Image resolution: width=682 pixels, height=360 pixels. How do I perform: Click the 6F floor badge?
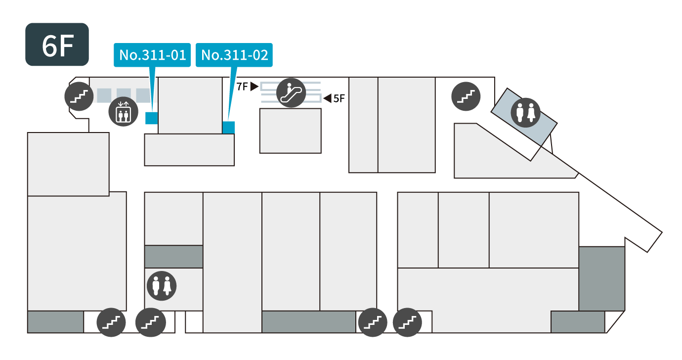tap(57, 45)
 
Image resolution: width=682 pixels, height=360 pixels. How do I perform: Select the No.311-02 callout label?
tap(235, 55)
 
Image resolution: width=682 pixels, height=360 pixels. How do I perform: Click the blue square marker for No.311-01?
tap(151, 118)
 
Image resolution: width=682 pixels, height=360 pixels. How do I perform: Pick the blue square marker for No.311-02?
tap(228, 127)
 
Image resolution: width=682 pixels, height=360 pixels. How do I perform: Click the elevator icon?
tap(123, 112)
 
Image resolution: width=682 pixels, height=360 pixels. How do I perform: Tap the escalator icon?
tap(291, 92)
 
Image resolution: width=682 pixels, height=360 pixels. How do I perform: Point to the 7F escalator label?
tap(242, 87)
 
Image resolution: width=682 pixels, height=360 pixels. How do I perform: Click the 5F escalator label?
tap(339, 98)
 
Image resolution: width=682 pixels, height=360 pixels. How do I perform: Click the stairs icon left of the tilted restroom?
tap(466, 95)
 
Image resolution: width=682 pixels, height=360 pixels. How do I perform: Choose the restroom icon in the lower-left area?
tap(162, 285)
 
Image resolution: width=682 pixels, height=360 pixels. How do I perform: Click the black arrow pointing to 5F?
tap(327, 98)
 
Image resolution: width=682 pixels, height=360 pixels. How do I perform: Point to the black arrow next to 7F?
tap(254, 87)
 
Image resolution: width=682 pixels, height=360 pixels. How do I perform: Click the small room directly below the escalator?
tap(291, 131)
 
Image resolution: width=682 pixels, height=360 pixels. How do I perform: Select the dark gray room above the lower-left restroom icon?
tap(173, 257)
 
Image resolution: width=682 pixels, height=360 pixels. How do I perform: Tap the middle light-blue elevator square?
tap(124, 95)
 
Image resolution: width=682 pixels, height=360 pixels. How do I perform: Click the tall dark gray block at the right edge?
tap(601, 278)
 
